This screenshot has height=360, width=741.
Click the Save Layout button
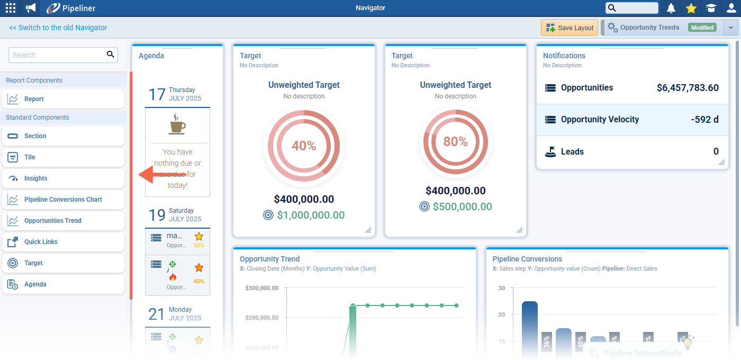(570, 28)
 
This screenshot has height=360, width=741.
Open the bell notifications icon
(671, 8)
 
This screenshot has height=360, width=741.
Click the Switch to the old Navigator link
(58, 28)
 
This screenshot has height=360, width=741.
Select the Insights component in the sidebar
(35, 178)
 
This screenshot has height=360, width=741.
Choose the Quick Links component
(41, 242)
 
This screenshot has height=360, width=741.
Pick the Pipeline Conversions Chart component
(63, 200)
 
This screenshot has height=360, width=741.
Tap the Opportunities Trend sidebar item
(52, 221)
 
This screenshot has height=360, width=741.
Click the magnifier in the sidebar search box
(111, 55)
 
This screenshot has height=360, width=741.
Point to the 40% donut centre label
(304, 146)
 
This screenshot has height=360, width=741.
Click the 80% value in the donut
(455, 141)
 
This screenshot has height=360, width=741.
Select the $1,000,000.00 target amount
(311, 215)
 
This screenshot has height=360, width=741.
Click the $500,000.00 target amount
(462, 206)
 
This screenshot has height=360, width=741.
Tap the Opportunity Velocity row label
(600, 120)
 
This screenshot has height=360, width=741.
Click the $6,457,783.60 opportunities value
(688, 88)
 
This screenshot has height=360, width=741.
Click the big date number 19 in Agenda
(157, 215)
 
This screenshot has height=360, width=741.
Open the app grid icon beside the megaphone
(10, 8)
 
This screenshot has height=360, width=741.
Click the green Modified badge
(702, 28)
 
